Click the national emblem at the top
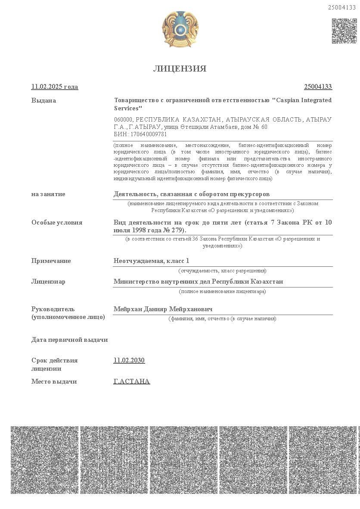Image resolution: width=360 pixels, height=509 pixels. tap(180, 29)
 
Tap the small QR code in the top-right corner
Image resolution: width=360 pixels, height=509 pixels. tap(344, 31)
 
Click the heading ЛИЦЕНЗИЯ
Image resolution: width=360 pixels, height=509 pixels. tap(180, 69)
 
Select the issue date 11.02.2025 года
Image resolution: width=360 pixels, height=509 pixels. tap(55, 87)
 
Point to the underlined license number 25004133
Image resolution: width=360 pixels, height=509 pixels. tap(318, 87)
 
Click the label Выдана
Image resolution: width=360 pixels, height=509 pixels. tap(43, 100)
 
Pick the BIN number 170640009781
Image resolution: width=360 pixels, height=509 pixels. tap(147, 134)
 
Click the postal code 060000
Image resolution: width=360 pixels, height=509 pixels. tap(124, 119)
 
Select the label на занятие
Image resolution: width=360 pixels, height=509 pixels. tap(48, 194)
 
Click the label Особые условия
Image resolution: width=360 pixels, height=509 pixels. tap(57, 222)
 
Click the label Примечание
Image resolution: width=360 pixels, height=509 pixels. tap(51, 261)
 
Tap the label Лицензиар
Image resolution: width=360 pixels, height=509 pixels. tap(48, 281)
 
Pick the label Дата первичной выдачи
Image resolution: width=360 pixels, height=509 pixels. tap(70, 340)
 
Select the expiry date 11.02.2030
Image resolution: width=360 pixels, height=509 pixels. tap(129, 360)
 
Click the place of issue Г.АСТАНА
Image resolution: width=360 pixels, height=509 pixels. tap(132, 381)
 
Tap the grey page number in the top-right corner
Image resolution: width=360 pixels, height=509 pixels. tap(342, 7)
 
